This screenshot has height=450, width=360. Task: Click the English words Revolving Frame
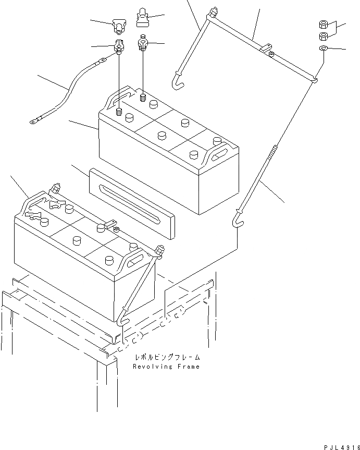click(x=166, y=367)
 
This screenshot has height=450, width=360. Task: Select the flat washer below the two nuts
click(x=323, y=48)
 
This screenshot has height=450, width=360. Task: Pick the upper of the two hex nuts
click(x=322, y=25)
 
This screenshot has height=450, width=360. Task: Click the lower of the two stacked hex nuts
click(x=322, y=36)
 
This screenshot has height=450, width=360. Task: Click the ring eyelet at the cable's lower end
click(x=34, y=123)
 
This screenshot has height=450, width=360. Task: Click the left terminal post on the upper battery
click(x=119, y=111)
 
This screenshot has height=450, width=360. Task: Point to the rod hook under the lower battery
click(x=122, y=318)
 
